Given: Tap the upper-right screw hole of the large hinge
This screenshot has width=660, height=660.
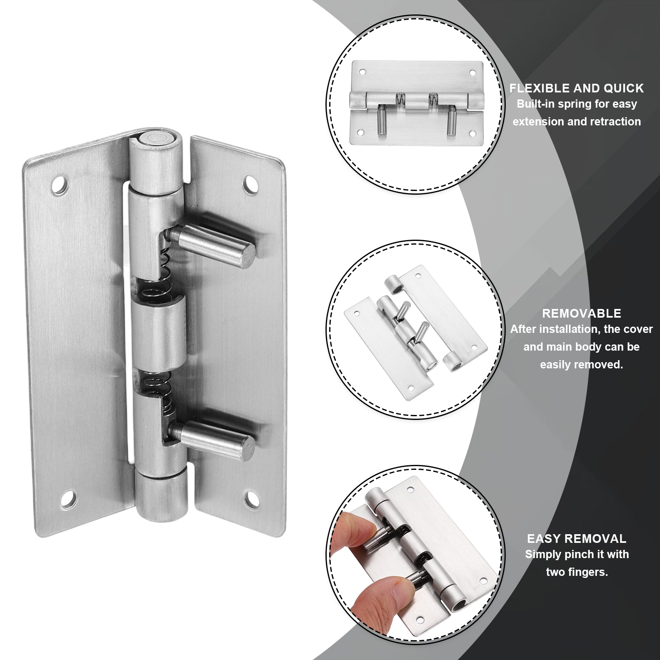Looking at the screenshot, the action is click(250, 182).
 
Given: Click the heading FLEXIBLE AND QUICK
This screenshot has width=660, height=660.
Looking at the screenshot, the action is click(577, 88).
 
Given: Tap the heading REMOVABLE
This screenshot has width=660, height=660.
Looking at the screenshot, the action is click(582, 313).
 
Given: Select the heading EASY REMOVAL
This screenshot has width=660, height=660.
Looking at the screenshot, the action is click(577, 539).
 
